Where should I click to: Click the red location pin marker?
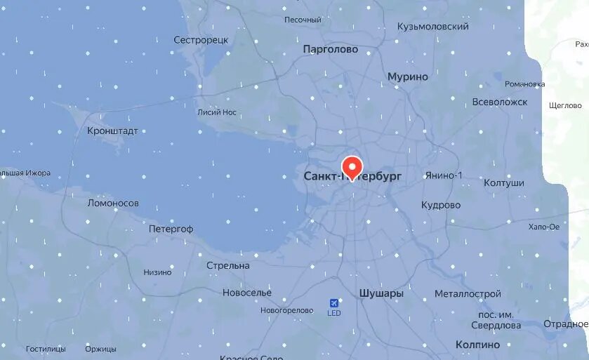tap(350, 166)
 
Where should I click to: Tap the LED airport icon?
tap(333, 302)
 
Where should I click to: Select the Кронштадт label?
tap(112, 131)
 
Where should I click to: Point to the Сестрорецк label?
tap(201, 40)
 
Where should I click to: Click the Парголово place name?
tap(330, 50)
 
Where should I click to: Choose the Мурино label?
tap(407, 76)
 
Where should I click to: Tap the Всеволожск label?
tap(499, 102)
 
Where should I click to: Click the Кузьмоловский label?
tap(432, 27)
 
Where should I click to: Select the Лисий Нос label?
tap(217, 112)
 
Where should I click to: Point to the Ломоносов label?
tap(113, 204)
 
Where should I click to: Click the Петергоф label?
tap(171, 229)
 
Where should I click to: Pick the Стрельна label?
tap(228, 266)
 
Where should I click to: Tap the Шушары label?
tap(380, 293)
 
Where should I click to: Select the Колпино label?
tap(477, 345)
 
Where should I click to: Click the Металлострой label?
tap(468, 293)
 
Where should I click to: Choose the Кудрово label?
tap(440, 205)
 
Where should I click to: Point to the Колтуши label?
tap(503, 183)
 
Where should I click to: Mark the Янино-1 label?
tap(443, 175)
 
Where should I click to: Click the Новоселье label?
tap(246, 292)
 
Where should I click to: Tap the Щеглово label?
tap(565, 106)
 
